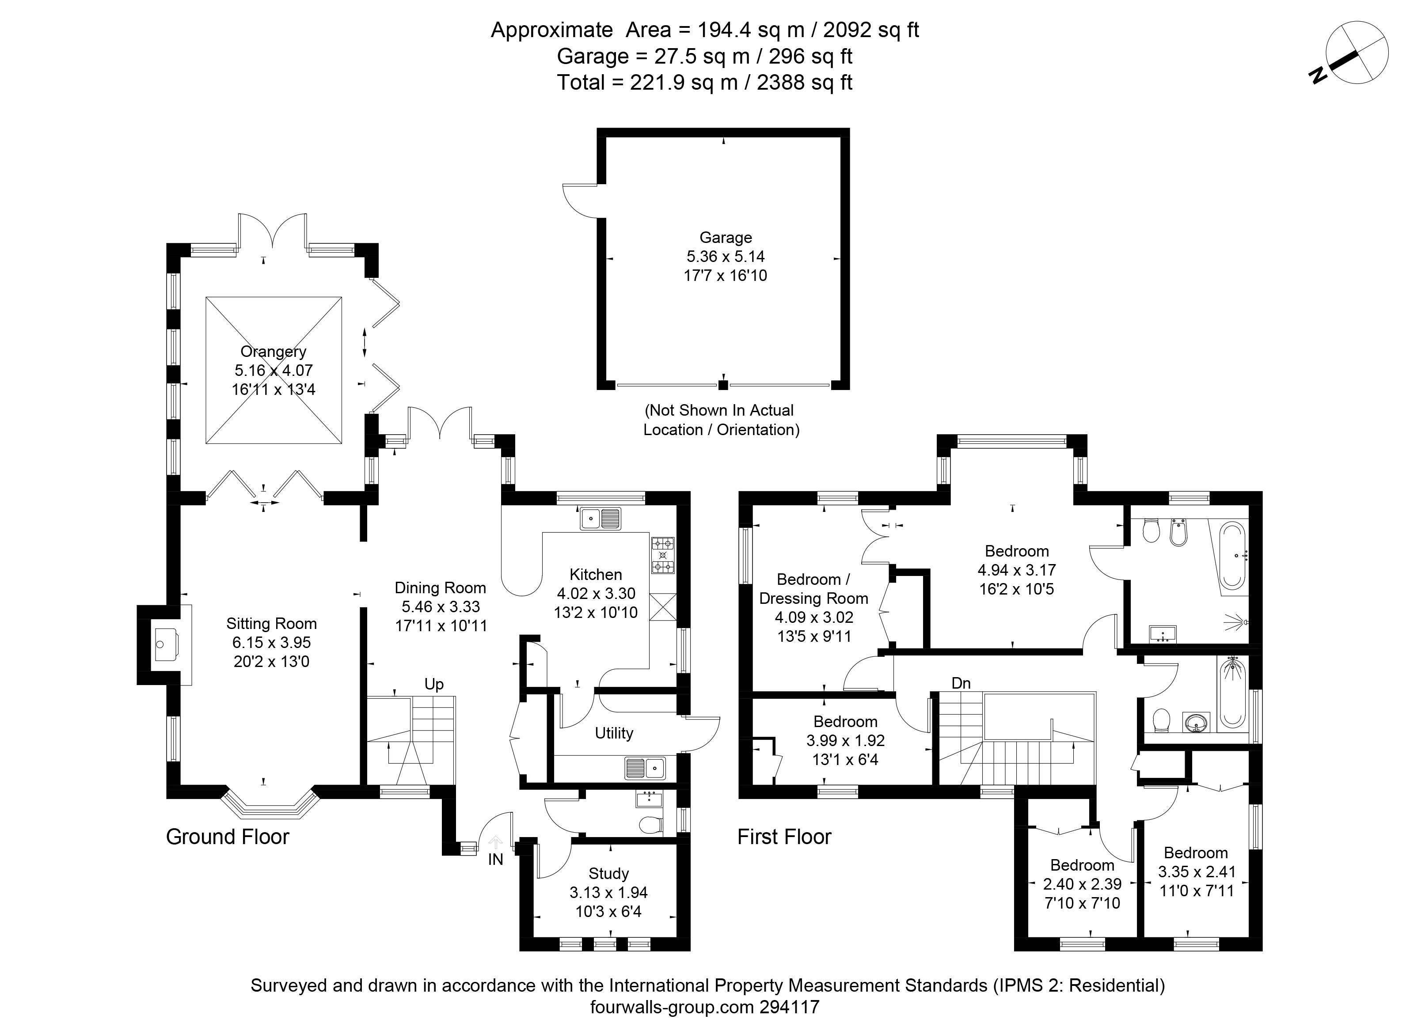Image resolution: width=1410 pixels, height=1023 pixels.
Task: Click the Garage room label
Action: tap(726, 237)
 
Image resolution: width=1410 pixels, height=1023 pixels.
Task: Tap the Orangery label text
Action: tap(274, 352)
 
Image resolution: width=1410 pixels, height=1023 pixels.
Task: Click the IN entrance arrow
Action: tap(495, 842)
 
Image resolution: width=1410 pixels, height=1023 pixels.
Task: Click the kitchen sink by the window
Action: tap(600, 518)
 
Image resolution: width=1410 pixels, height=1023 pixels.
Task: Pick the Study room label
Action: tap(608, 873)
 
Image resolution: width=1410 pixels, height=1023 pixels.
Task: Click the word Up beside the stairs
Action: tap(434, 684)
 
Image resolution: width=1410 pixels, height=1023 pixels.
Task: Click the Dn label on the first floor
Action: tap(961, 683)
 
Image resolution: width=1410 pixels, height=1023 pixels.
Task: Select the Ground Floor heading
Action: tap(228, 837)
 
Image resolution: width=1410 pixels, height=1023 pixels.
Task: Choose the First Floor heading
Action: tap(785, 837)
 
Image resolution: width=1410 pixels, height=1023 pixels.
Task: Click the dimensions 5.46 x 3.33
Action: tap(441, 606)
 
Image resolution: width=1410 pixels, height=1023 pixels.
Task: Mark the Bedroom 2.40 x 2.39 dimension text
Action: tap(1083, 884)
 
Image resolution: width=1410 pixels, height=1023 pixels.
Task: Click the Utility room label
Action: tap(614, 733)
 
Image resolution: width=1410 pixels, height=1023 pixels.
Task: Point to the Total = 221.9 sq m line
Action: tap(705, 82)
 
